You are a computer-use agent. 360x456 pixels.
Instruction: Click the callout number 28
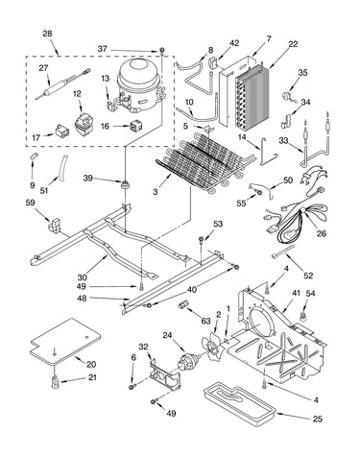[x=47, y=34]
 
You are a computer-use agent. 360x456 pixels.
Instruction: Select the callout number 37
[x=102, y=49]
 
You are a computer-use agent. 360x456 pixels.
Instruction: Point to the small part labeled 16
[x=135, y=126]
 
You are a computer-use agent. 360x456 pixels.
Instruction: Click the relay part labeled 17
[x=62, y=131]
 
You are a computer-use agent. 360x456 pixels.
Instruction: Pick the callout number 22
[x=293, y=43]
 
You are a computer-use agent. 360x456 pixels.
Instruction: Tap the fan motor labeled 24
[x=188, y=361]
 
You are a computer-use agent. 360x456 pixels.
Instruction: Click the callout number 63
[x=205, y=321]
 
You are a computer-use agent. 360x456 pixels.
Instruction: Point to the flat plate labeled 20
[x=65, y=342]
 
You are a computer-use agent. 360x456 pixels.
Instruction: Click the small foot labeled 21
[x=56, y=382]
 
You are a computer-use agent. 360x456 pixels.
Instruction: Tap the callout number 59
[x=31, y=203]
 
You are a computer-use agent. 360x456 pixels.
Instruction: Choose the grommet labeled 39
[x=124, y=184]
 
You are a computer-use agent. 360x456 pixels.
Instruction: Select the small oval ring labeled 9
[x=34, y=156]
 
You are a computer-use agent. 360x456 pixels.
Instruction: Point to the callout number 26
[x=322, y=233]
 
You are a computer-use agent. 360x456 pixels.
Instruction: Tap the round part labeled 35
[x=286, y=97]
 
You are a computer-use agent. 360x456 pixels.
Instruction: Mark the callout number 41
[x=296, y=293]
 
